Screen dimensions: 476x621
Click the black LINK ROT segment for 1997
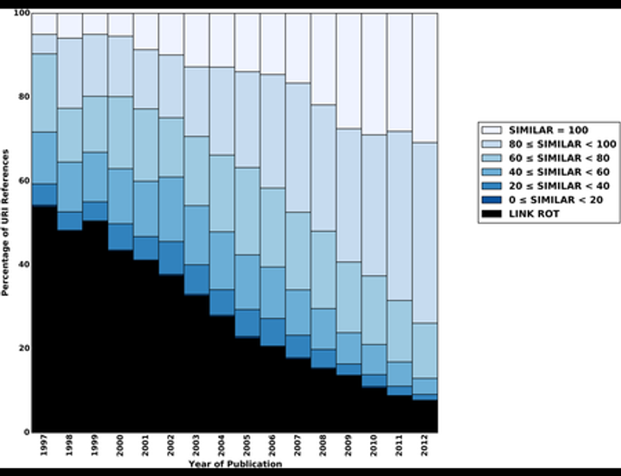(x=44, y=318)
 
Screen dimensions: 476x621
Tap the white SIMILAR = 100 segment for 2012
(x=424, y=78)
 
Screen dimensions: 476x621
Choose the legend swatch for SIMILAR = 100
(x=492, y=127)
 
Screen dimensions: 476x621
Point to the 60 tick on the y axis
(x=23, y=181)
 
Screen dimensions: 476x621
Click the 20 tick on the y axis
(x=23, y=348)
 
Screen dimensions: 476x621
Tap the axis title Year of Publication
(x=235, y=465)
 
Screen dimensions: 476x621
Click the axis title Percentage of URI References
(x=6, y=222)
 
